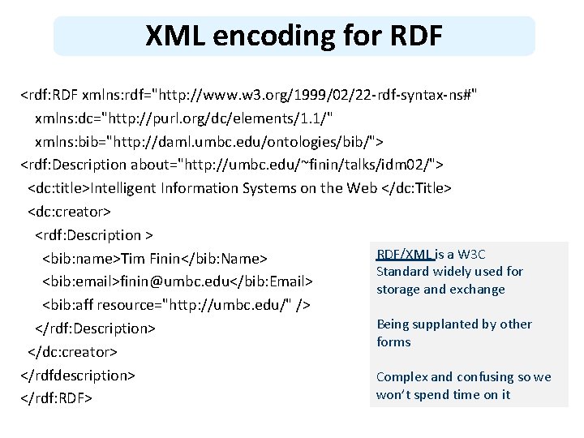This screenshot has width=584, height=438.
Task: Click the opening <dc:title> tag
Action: (59, 188)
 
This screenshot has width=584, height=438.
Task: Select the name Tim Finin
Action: (149, 259)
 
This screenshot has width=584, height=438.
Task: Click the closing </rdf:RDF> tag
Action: (56, 399)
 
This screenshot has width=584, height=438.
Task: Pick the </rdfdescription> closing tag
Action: (78, 376)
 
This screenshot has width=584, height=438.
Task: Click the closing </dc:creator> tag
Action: (72, 352)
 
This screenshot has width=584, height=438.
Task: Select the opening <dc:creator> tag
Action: (69, 212)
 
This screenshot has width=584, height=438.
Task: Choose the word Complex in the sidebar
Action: (401, 376)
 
